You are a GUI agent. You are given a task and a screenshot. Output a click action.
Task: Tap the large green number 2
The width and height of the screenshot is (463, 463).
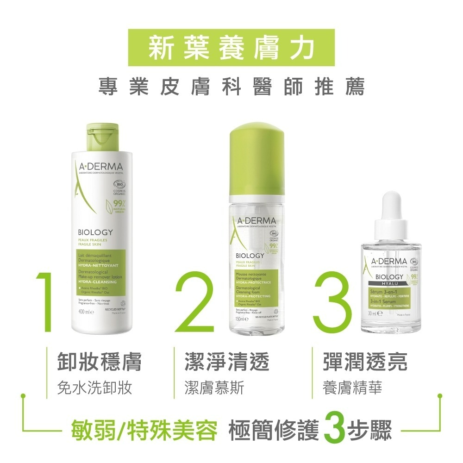[194, 303]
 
